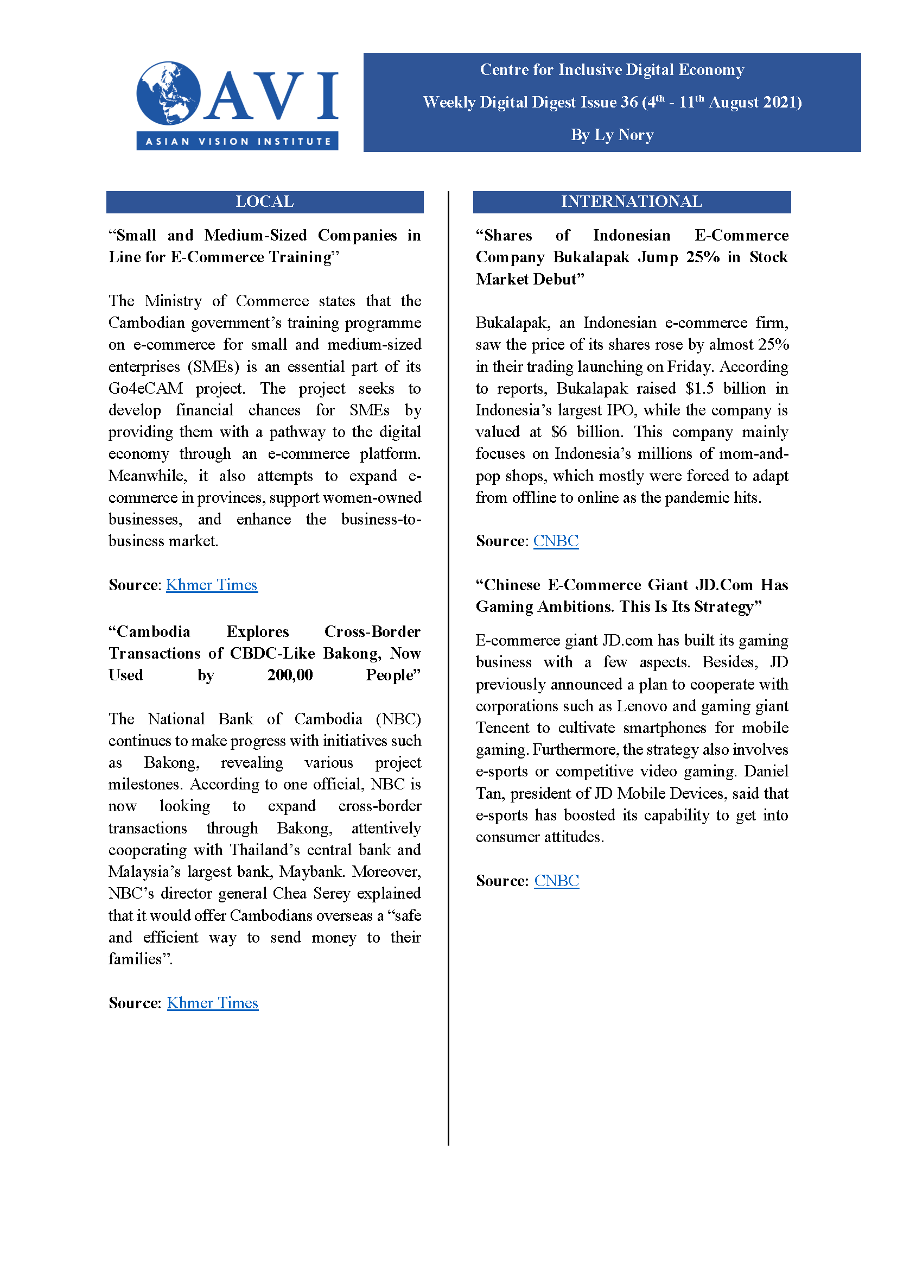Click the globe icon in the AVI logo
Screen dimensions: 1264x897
(x=168, y=93)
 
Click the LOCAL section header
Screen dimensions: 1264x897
(x=265, y=202)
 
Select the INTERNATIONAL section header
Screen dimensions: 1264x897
(x=631, y=202)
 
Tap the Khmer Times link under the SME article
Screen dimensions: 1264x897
(x=212, y=585)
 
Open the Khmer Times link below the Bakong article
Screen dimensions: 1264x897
(x=212, y=1003)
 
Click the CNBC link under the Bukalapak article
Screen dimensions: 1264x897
(x=556, y=541)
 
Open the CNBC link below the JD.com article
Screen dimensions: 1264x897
(x=556, y=881)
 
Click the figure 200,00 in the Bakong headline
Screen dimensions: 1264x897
(x=290, y=675)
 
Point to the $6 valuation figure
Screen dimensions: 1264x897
(x=558, y=432)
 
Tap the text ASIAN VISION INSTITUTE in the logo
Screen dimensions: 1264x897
(x=238, y=142)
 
